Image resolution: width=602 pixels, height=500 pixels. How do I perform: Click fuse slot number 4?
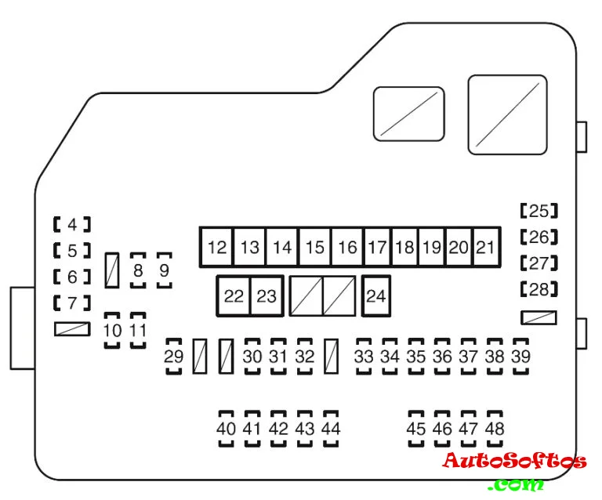pos(72,225)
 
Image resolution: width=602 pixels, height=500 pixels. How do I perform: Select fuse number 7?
pos(72,303)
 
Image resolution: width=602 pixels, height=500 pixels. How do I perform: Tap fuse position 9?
pos(164,271)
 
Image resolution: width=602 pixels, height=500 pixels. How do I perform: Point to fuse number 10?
pos(113,330)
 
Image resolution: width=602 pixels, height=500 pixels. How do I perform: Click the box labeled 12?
pos(217,248)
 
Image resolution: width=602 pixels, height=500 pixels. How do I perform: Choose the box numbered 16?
pos(347,248)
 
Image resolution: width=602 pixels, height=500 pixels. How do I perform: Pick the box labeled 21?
pos(486,248)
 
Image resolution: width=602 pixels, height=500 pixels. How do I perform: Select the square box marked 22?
pos(234,296)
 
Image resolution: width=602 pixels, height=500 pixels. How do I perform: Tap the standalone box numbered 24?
pos(376,296)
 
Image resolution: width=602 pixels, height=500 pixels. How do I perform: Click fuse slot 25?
pos(539,211)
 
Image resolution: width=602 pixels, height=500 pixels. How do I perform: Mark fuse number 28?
pos(539,289)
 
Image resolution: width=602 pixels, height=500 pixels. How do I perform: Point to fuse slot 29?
pos(173,357)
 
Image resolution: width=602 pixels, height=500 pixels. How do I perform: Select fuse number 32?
pos(305,357)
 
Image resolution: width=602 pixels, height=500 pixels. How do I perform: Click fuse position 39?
pos(520,357)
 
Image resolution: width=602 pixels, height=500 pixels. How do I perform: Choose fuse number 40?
pos(226,429)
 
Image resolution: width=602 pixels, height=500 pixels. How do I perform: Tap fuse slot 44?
pos(331,429)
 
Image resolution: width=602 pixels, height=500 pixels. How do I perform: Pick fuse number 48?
pos(495,429)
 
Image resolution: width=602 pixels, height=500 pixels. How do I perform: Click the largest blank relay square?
pos(507,114)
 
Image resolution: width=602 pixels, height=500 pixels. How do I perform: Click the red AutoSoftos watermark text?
pos(513,461)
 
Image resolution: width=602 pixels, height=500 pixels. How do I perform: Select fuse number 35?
pos(416,357)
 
